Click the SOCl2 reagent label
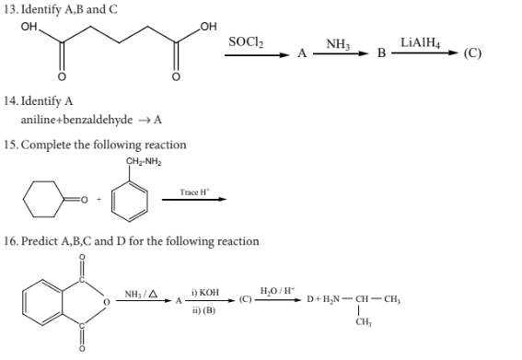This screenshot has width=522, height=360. coord(246,42)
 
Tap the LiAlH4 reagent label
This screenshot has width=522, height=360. coord(420,43)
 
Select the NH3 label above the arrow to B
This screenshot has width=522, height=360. coord(338,44)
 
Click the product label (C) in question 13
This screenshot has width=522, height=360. coord(472,53)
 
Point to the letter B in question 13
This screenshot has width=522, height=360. coord(381,53)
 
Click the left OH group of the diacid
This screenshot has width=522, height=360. coord(29,27)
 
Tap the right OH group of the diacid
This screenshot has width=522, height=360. coord(208,27)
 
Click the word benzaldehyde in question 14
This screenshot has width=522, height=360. coord(98,120)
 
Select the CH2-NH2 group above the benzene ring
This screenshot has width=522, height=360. coord(144,162)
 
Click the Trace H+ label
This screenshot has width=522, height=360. coord(195,192)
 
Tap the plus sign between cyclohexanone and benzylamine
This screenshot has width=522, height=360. coord(99,200)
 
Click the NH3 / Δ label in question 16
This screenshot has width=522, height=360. coord(141,294)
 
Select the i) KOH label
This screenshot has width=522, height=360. coord(205,293)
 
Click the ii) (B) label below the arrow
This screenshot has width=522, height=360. coord(203,310)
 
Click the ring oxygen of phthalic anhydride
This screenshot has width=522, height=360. coord(106,302)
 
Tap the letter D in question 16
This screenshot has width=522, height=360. coord(309,299)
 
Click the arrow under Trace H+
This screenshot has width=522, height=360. coord(194,200)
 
